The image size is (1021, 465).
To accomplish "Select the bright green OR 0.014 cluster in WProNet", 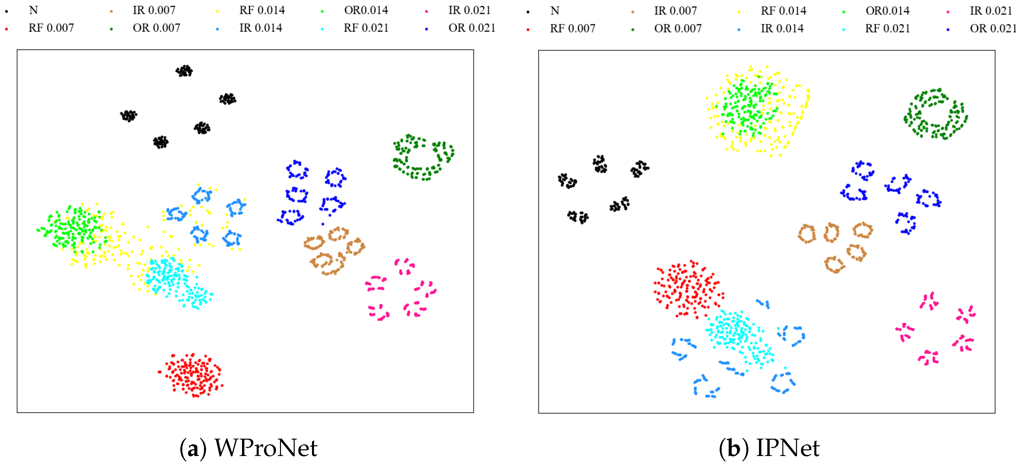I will pos(73,228).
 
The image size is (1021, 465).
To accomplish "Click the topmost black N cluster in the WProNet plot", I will pos(184,71).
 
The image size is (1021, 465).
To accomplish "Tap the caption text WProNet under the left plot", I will pos(266,448).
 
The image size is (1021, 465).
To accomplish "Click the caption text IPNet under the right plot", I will pos(788,448).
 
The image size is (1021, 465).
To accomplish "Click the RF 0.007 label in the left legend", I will pos(51,28).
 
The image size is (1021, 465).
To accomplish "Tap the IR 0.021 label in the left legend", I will pos(469,10).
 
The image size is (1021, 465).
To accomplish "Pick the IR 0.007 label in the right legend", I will pos(675,11).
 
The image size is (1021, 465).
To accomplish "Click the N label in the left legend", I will pos(33,10).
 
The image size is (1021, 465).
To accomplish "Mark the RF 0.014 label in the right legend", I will pos(783,11).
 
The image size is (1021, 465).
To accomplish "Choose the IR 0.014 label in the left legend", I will pos(261,28).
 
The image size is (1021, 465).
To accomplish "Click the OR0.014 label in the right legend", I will pos(887,11).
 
